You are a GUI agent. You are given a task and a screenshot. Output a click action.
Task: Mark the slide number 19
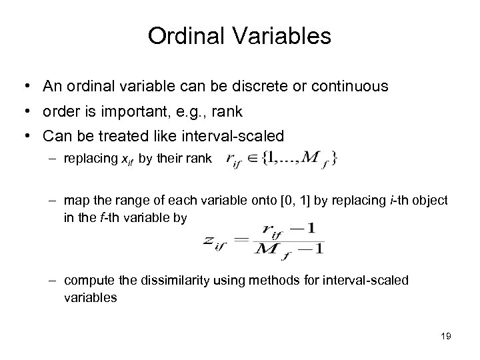pyautogui.click(x=446, y=337)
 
